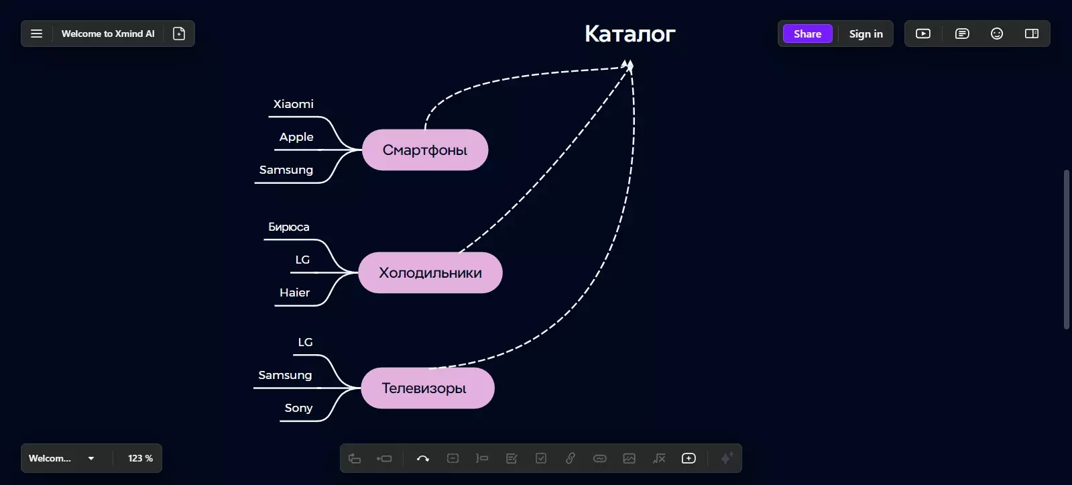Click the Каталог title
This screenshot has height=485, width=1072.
click(x=630, y=34)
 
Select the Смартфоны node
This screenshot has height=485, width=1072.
click(x=425, y=150)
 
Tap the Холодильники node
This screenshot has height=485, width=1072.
click(x=430, y=272)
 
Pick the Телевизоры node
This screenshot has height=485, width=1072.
click(x=427, y=388)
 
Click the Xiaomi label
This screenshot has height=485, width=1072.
click(x=294, y=104)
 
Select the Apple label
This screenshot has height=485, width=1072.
click(x=296, y=137)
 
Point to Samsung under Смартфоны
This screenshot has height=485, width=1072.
click(x=286, y=170)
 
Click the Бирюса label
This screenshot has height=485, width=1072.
click(x=288, y=227)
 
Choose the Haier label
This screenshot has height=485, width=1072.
click(x=295, y=292)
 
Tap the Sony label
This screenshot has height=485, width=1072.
click(x=298, y=408)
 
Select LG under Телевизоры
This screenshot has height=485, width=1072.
click(x=305, y=342)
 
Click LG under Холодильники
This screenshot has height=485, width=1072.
click(x=302, y=260)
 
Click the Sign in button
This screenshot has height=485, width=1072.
click(x=866, y=34)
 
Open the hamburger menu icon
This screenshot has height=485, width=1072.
click(x=36, y=34)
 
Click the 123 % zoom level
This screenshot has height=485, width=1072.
click(x=140, y=458)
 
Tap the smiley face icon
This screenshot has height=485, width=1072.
click(x=997, y=34)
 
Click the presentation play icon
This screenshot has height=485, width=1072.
click(x=923, y=34)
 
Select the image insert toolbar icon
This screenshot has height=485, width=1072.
click(x=630, y=458)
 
